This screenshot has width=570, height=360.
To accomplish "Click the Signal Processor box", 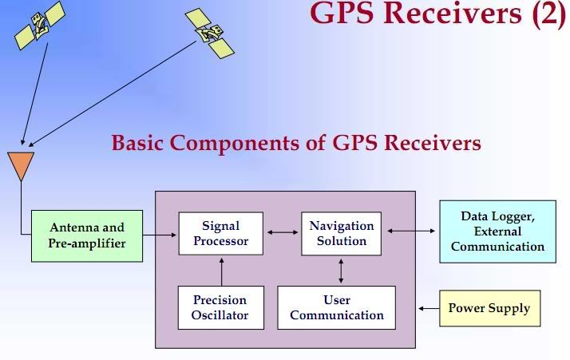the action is point(220,233).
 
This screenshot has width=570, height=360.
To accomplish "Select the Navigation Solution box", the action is point(342,233).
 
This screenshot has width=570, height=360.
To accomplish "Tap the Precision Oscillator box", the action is point(220,307).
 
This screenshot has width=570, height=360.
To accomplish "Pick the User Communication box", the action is point(336,307).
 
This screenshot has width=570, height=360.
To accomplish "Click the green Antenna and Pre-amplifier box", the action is point(87,235).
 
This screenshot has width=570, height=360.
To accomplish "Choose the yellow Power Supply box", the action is point(489,308).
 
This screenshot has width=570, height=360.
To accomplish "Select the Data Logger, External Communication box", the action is point(497,231).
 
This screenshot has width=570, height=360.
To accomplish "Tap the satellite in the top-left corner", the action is point(40,25).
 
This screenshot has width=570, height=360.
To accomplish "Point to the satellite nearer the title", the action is point(210,33).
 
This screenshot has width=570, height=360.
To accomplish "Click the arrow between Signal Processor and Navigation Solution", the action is point(283,232).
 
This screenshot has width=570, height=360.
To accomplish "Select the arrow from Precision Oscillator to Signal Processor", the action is point(221,271).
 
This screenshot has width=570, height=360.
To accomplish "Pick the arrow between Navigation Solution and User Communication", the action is point(341,271).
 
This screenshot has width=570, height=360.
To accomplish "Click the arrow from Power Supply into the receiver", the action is point(429,308).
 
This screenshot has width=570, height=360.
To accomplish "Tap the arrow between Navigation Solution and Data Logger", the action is point(411,231).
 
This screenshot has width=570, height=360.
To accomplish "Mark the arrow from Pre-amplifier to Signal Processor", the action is point(159,235).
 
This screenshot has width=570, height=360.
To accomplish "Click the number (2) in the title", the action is point(549,14).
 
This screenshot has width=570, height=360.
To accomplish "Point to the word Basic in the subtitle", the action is point(137,143).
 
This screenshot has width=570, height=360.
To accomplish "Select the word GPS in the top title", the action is point(342,13).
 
